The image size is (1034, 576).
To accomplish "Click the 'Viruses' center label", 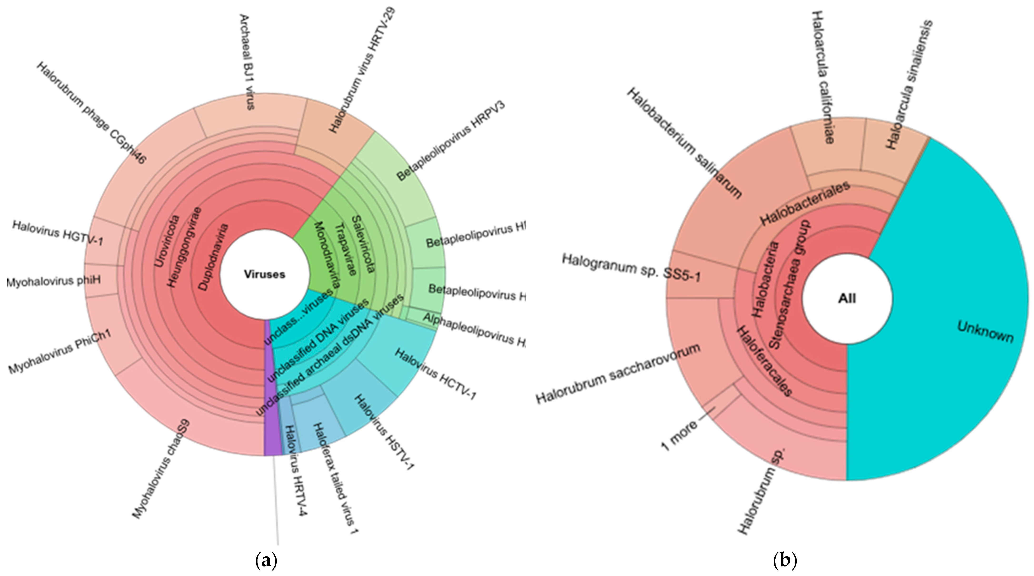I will click(x=265, y=274).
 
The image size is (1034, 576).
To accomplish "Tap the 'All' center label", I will click(x=847, y=298).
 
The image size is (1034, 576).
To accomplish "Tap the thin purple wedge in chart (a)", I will click(x=272, y=402).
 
